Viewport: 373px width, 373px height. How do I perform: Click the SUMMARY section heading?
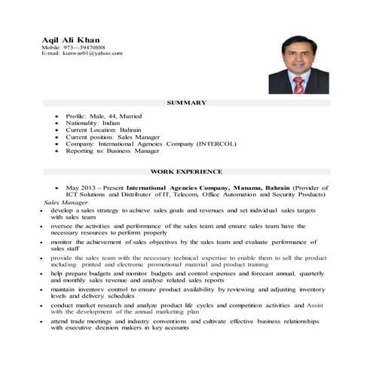186,102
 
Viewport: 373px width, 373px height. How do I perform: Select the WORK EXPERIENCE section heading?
186,172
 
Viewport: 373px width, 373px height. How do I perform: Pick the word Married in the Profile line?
142,117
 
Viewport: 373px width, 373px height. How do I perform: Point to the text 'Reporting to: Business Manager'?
113,151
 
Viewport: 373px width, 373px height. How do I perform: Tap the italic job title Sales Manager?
63,203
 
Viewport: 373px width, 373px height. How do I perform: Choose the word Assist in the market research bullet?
314,305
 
